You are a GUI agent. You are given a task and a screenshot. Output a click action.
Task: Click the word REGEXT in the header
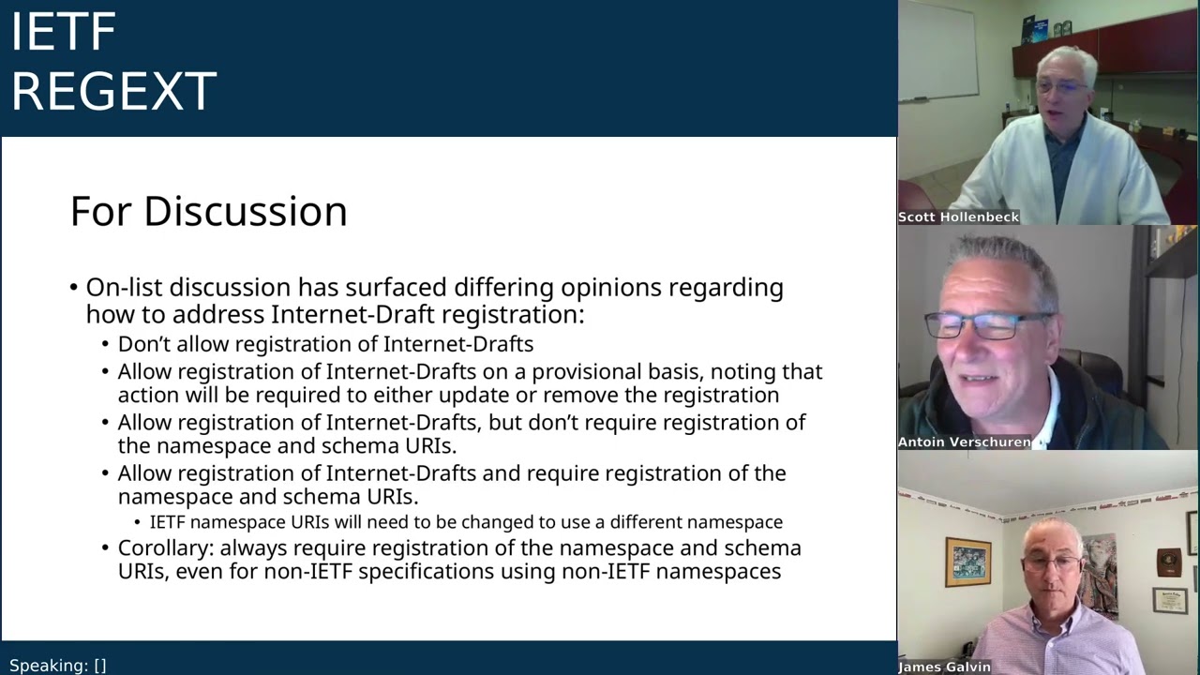pyautogui.click(x=113, y=91)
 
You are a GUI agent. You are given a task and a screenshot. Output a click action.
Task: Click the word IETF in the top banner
pyautogui.click(x=63, y=32)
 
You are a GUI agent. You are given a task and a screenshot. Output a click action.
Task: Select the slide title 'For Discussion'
pyautogui.click(x=208, y=211)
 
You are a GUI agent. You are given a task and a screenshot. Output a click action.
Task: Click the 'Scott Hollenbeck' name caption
pyautogui.click(x=958, y=217)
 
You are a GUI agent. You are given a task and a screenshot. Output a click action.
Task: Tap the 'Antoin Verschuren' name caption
pyautogui.click(x=964, y=442)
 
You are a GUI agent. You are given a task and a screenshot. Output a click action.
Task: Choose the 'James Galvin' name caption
pyautogui.click(x=944, y=667)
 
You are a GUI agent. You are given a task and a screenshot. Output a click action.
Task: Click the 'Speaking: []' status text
pyautogui.click(x=58, y=666)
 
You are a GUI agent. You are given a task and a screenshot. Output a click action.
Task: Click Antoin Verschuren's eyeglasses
pyautogui.click(x=987, y=324)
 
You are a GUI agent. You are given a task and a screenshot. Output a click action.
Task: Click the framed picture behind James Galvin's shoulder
pyautogui.click(x=967, y=562)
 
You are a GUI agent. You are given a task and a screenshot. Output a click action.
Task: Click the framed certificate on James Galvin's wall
pyautogui.click(x=1169, y=599)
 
